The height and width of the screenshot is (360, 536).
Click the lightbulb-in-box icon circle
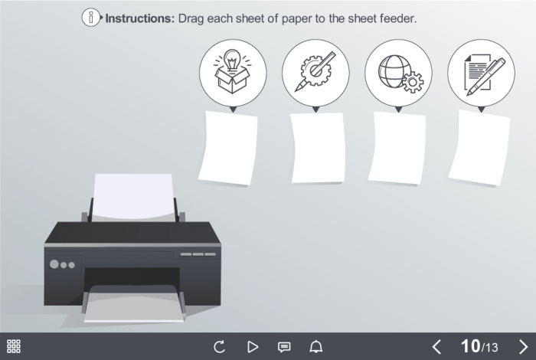click(x=233, y=73)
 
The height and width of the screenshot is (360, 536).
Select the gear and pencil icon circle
click(x=315, y=73)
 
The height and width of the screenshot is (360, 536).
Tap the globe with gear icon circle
click(x=398, y=73)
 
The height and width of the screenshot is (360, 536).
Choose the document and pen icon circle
click(x=481, y=73)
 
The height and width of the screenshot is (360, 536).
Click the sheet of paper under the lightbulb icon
click(x=228, y=148)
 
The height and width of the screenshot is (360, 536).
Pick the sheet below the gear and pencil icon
click(x=318, y=148)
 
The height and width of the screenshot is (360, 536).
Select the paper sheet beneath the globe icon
click(x=397, y=148)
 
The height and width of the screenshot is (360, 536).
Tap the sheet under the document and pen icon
click(x=479, y=148)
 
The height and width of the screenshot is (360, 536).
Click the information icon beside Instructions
click(x=91, y=17)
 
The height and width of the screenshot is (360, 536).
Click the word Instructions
click(x=140, y=18)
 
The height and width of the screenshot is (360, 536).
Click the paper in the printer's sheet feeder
click(x=134, y=197)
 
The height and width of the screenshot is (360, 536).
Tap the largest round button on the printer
click(x=54, y=264)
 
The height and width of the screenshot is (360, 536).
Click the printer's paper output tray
click(x=134, y=304)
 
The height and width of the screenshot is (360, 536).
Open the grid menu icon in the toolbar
click(x=14, y=346)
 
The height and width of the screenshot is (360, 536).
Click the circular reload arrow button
click(x=219, y=347)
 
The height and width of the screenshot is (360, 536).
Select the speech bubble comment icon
click(x=284, y=347)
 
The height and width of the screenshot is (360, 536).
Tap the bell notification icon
click(x=315, y=347)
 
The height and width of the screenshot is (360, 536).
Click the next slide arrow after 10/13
click(x=523, y=347)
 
